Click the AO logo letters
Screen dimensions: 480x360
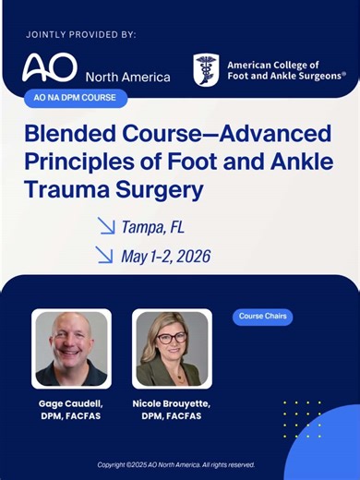[51, 67]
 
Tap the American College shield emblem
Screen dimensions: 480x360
[206, 69]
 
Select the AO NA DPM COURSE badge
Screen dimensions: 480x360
[76, 98]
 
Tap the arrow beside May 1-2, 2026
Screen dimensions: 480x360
[106, 255]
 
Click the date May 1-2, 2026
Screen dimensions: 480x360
[165, 256]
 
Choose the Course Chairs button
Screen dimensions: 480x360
[262, 317]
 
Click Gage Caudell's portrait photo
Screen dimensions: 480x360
[71, 348]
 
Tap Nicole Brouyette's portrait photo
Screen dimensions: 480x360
[172, 348]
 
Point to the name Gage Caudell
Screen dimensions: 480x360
[71, 406]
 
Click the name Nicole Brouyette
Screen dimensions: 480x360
[172, 406]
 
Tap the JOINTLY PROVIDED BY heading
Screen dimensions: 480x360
[81, 34]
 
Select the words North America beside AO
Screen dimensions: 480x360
[127, 77]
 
